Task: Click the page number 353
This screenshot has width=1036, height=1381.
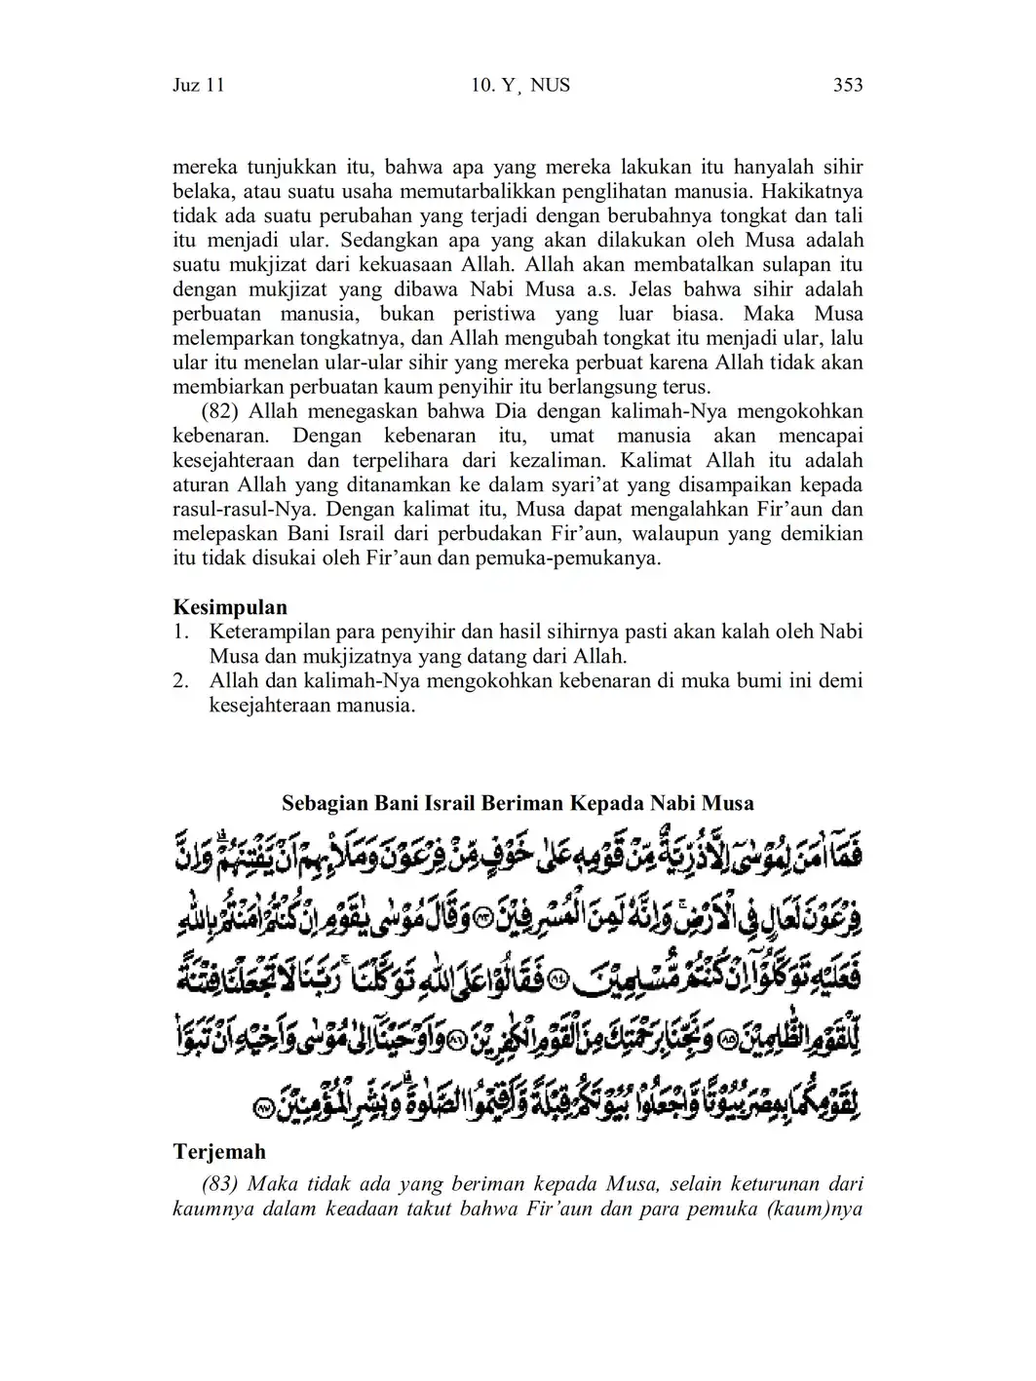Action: click(x=848, y=86)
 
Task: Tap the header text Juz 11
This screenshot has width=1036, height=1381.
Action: click(x=199, y=86)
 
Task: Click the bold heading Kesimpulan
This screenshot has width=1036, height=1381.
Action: click(x=230, y=607)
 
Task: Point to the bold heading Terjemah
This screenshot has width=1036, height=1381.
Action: click(x=219, y=1152)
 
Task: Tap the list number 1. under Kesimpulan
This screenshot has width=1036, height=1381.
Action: click(x=181, y=632)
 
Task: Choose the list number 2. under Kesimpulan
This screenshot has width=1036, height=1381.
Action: click(x=181, y=680)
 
